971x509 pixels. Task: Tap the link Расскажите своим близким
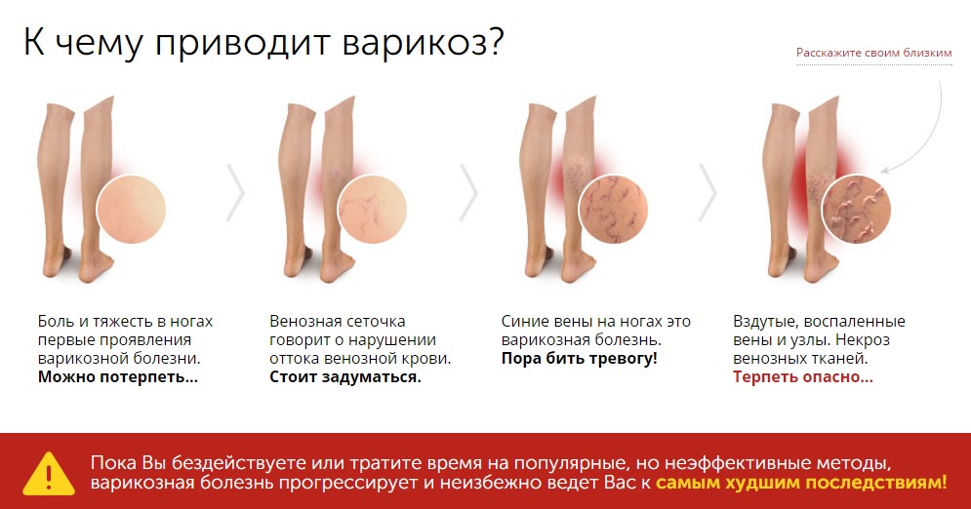[x=873, y=53]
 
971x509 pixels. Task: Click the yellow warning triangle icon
[x=49, y=474]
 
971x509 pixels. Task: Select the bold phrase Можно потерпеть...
[x=118, y=377]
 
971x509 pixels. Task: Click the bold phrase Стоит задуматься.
[x=344, y=377]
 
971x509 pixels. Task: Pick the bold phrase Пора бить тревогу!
[x=579, y=359]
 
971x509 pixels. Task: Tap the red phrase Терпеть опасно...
[x=802, y=377]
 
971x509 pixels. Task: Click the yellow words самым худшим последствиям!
[x=801, y=483]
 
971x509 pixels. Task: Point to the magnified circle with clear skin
[x=132, y=209]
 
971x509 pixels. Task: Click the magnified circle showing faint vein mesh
[x=372, y=209]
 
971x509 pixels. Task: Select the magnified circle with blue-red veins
[x=613, y=209]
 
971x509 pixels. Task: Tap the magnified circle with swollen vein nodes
[x=856, y=209]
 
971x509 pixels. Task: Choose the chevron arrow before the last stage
[x=708, y=192]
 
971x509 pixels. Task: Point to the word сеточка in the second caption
[x=376, y=322]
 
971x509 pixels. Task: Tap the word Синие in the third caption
[x=524, y=322]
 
